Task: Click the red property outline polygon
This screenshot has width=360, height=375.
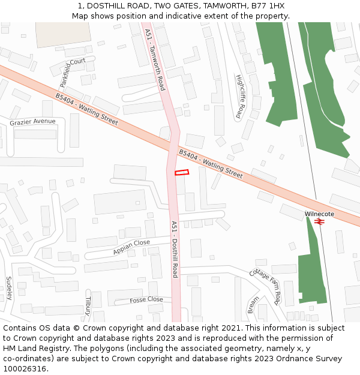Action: (182, 173)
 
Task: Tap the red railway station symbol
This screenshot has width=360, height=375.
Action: (319, 221)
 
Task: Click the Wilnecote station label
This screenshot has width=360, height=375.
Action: (319, 214)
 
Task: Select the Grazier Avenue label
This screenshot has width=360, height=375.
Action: (32, 122)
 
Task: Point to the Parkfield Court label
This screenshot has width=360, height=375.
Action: (73, 72)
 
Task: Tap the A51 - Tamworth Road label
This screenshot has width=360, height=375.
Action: (155, 59)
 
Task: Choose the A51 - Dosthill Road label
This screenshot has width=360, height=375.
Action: (175, 249)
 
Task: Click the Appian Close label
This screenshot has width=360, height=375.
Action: (131, 247)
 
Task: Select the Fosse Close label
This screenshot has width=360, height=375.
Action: (146, 299)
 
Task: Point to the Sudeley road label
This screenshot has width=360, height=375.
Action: (9, 289)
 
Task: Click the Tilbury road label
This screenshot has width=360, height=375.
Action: (88, 305)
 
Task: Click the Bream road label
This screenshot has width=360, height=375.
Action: (254, 305)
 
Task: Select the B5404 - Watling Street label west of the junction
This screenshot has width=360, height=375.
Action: (86, 109)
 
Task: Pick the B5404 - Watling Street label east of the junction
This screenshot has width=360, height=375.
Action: (211, 164)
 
